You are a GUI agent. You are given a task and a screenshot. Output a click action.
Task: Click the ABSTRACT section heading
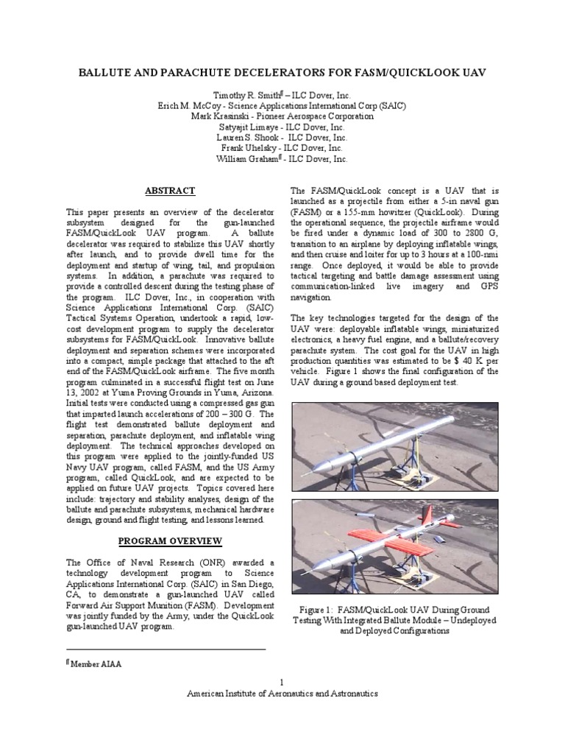[169, 191]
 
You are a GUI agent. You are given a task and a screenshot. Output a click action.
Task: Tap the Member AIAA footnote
[94, 663]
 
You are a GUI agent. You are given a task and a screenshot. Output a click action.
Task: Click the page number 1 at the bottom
[282, 683]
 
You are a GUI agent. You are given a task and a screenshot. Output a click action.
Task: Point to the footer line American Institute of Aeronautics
[282, 694]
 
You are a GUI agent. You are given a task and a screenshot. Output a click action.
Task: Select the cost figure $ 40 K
[466, 362]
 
